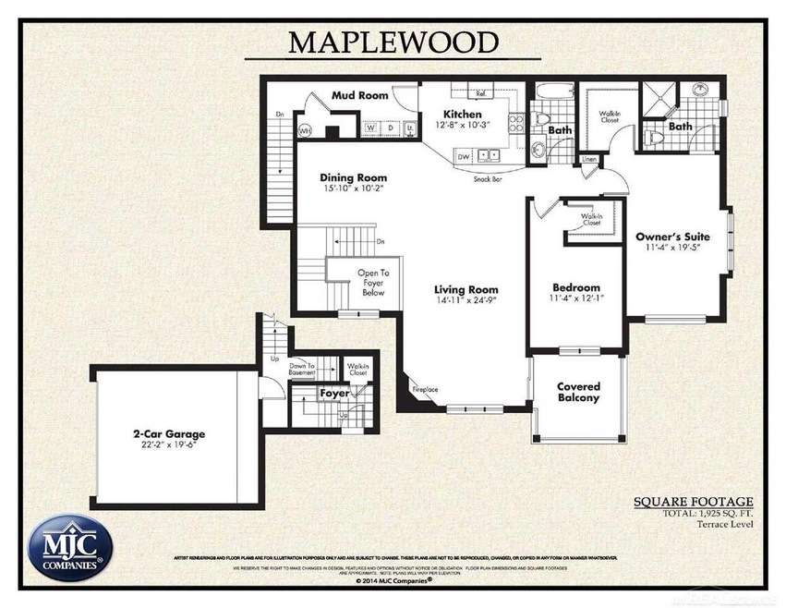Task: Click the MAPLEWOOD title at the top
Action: [x=393, y=42]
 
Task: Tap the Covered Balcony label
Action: [x=579, y=392]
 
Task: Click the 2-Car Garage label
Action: [x=167, y=432]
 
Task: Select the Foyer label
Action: [x=335, y=393]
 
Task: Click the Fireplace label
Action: [x=425, y=389]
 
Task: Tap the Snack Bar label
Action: [x=488, y=179]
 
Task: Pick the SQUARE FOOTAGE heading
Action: [x=698, y=502]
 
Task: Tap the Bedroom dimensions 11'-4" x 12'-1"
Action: [x=576, y=298]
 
